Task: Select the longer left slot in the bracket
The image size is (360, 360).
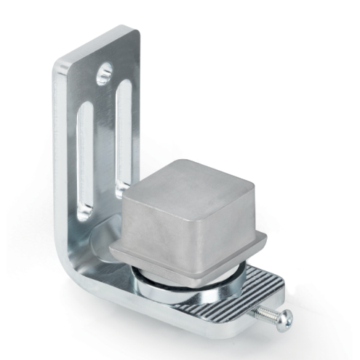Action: (x=86, y=156)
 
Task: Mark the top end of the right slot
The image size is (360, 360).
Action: (x=126, y=86)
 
